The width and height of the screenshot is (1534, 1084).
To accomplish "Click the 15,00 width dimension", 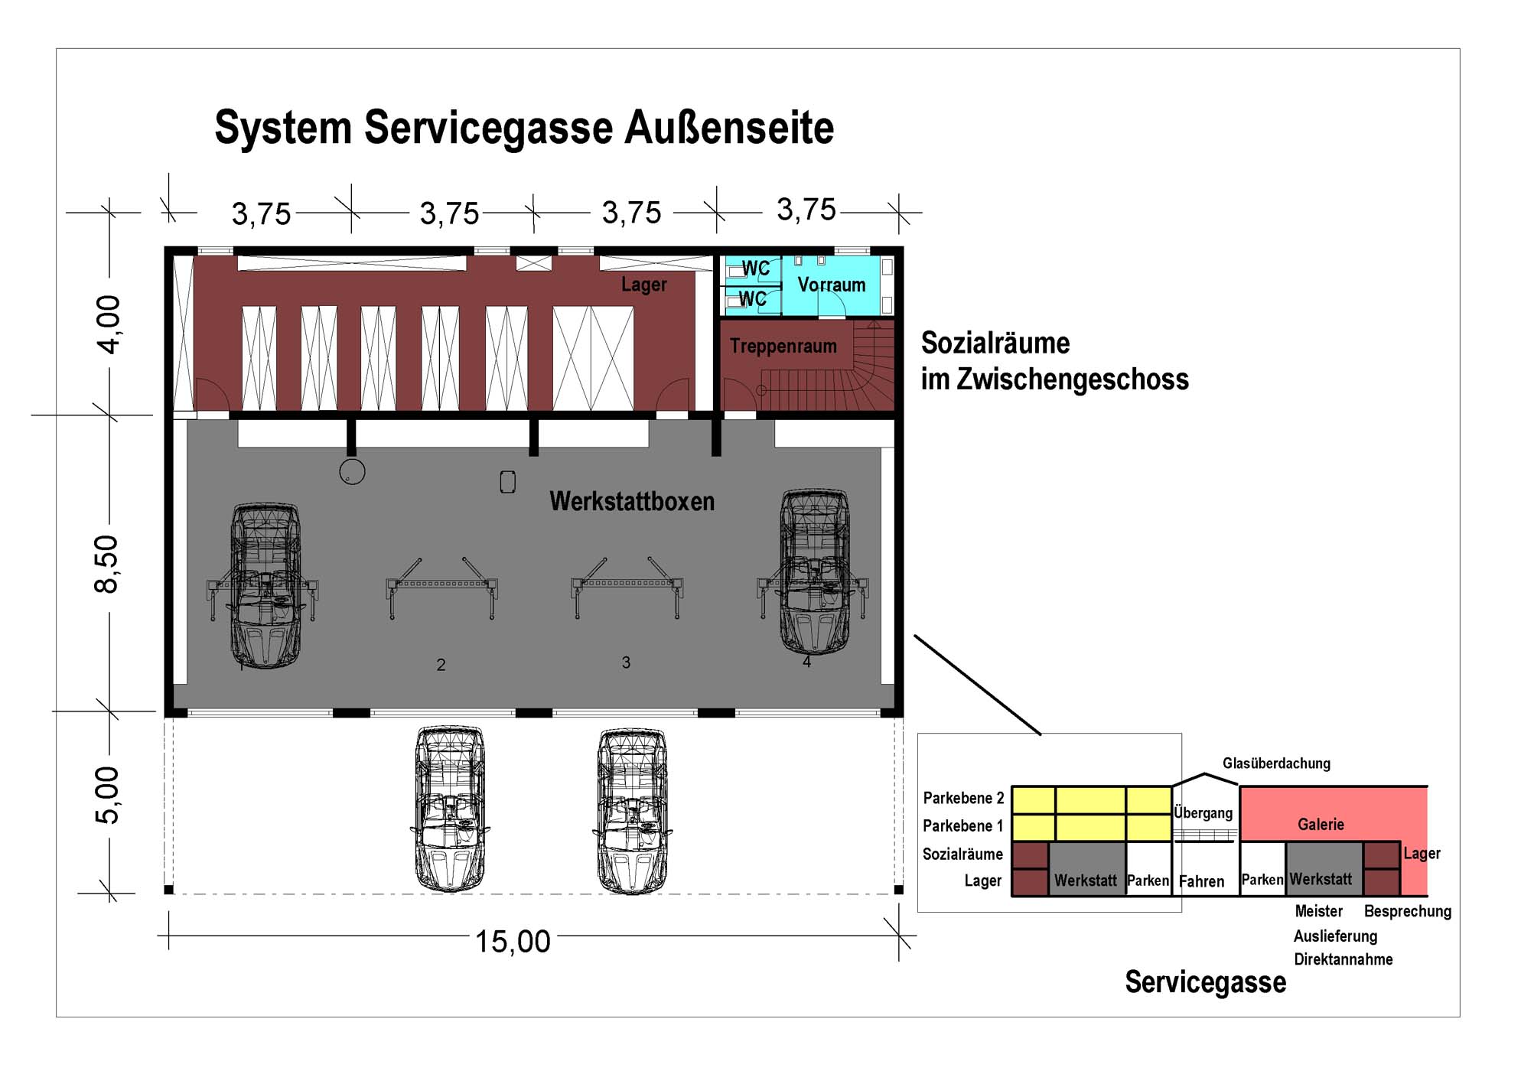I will click(x=513, y=942).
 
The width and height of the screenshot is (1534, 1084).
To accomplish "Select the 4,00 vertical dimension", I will click(x=109, y=324).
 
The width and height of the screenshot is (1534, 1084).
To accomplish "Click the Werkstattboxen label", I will click(x=631, y=502).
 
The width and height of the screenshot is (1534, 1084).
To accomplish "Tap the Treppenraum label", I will click(x=783, y=347).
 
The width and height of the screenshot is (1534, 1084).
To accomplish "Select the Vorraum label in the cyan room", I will click(x=831, y=285).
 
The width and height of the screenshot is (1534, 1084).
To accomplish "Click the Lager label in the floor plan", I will click(x=643, y=285).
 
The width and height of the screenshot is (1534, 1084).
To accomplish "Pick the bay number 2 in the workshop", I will click(x=441, y=665).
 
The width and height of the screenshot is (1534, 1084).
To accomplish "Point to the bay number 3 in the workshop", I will click(x=626, y=662).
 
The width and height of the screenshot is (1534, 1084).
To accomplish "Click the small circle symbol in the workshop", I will click(x=352, y=471).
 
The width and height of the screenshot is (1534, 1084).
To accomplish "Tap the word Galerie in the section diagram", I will click(x=1321, y=825).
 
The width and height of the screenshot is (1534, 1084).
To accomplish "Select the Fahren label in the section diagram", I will click(x=1201, y=882).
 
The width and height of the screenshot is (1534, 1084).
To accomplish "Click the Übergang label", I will click(x=1203, y=813).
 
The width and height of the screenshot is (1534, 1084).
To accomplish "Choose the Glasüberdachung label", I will click(x=1276, y=763).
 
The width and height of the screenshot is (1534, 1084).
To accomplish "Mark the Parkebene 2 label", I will click(x=963, y=799).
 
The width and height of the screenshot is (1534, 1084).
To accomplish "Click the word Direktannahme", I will click(x=1343, y=960).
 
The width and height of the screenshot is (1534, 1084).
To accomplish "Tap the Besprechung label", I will click(x=1407, y=912).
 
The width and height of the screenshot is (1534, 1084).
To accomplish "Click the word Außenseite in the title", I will click(x=728, y=128).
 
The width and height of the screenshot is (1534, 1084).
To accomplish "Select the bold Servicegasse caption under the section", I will click(x=1205, y=982).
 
